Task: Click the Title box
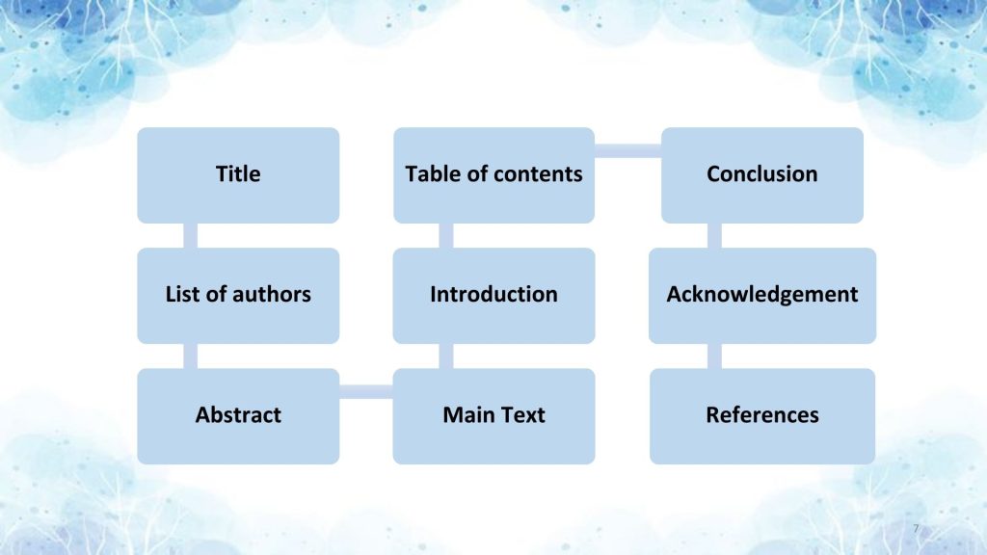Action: (238, 174)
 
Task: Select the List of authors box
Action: (238, 295)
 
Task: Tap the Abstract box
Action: (238, 415)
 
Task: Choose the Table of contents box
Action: (493, 174)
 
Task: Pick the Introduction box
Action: (493, 295)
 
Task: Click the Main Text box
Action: (493, 415)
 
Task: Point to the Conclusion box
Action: (761, 174)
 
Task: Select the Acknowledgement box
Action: (761, 295)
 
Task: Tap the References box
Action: (761, 415)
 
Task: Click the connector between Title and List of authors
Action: (190, 235)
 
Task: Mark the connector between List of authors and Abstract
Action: (190, 356)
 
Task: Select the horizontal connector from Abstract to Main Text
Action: (366, 390)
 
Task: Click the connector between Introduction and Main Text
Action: (445, 356)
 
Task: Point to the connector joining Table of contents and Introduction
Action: (445, 235)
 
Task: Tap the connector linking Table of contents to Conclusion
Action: (627, 150)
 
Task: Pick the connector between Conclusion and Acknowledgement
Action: (714, 235)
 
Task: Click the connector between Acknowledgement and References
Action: (714, 356)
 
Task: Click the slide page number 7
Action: (915, 528)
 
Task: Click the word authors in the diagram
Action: (274, 295)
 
